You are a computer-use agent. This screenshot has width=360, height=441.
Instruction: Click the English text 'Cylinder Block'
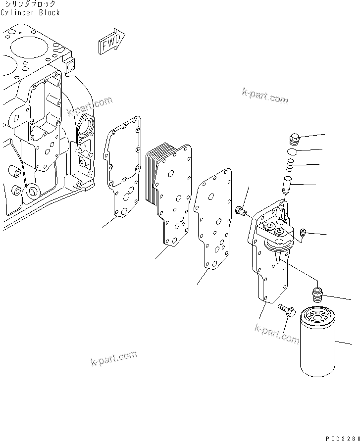point(30,12)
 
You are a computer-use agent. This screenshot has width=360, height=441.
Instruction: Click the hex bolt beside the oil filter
point(287,311)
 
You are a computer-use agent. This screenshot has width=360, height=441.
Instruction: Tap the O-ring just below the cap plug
point(293,151)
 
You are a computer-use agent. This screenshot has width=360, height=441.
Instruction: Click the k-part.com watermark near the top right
point(265,97)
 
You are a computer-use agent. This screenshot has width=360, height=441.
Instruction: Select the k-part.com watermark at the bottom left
point(113,359)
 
